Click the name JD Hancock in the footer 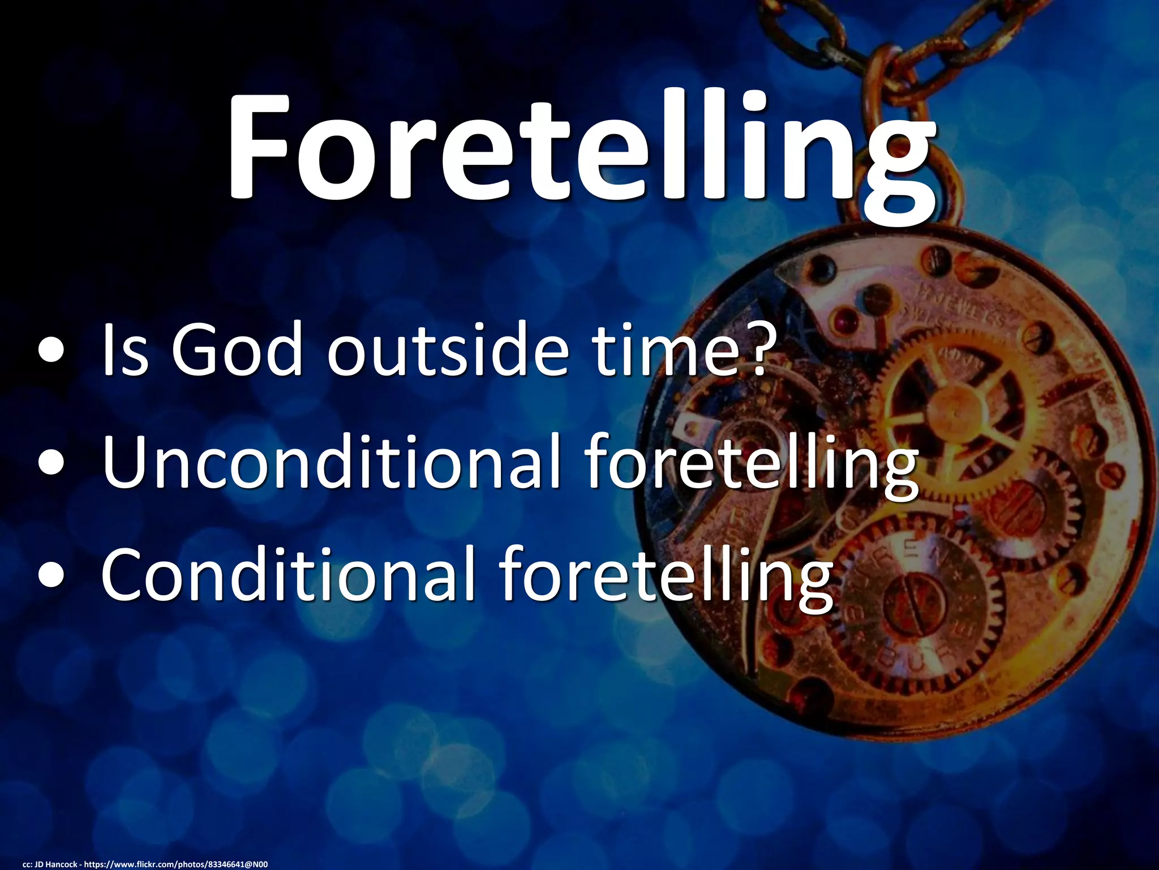pos(56,864)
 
